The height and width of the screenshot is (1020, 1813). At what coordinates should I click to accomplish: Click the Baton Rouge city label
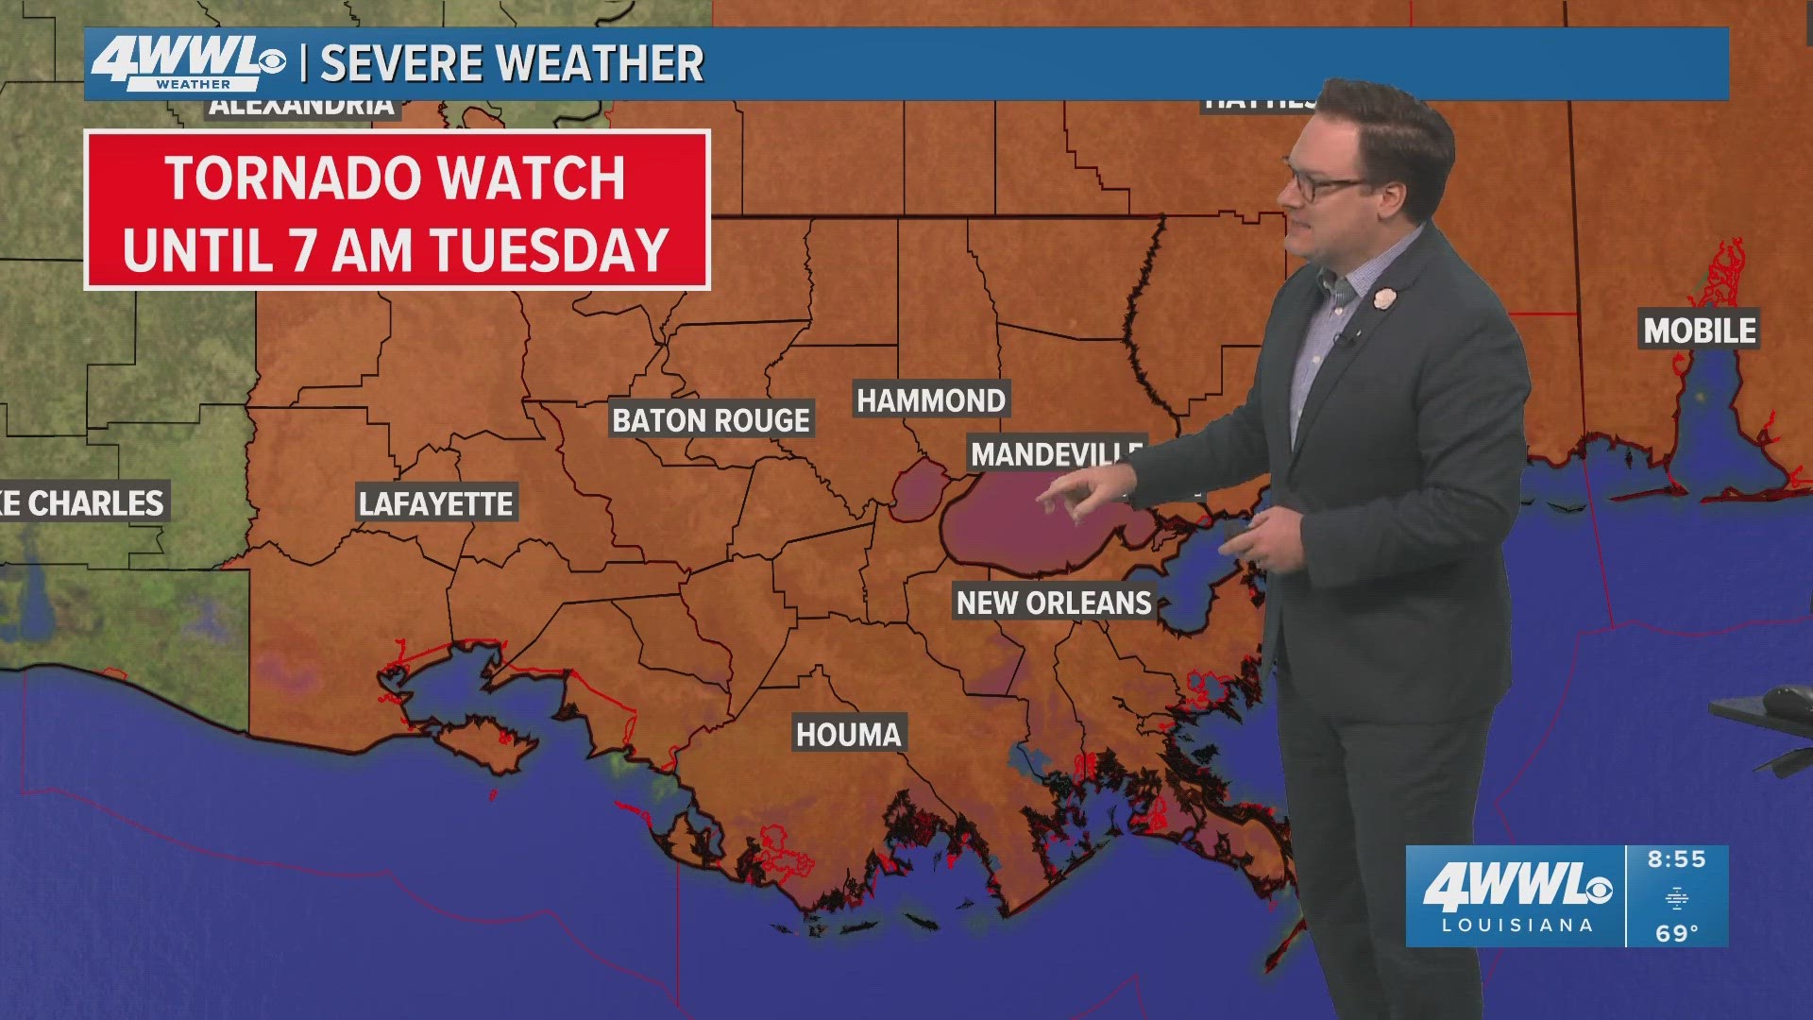[710, 420]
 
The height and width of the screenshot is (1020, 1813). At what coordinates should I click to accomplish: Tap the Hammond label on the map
[930, 400]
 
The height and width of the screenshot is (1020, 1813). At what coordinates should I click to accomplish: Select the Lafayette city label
[435, 504]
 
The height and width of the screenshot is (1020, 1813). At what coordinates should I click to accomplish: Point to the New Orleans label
[1053, 603]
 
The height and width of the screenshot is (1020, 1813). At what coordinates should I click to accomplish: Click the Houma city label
[848, 734]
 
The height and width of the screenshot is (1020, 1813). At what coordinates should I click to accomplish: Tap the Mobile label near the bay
[1699, 331]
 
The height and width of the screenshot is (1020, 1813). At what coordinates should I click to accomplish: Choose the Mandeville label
[1053, 454]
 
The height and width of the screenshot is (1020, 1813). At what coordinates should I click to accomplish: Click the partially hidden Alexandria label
[302, 107]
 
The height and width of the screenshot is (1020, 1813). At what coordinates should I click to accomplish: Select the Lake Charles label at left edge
[83, 503]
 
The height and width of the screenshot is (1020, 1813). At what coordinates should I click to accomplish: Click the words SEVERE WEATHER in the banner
[512, 64]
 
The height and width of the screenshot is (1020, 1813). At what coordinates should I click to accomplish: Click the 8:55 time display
[1676, 859]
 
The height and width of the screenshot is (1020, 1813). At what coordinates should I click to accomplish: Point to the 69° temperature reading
[1676, 933]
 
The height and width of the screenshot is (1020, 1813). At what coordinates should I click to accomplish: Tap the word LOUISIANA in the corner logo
[1516, 926]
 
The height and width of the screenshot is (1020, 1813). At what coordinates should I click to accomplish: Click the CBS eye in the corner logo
[1600, 890]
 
